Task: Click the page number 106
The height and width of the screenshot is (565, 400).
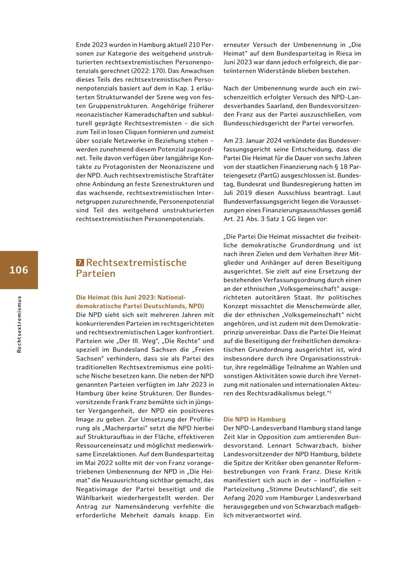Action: click(x=19, y=270)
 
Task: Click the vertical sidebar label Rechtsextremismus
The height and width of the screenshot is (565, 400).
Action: click(x=19, y=324)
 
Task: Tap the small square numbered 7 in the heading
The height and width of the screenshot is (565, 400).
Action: click(x=80, y=263)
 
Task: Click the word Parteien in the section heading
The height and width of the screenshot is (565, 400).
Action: click(x=96, y=274)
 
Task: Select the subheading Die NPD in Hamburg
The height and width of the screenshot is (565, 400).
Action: click(x=254, y=419)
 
